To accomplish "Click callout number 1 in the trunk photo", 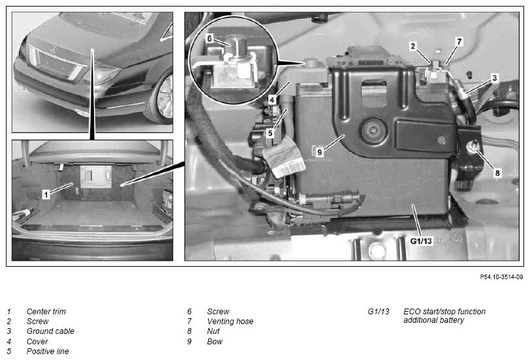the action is pos(46,194).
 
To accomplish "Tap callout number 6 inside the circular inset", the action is pos(210,38).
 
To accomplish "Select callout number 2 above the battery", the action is pos(413,46).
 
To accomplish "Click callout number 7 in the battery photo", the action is pos(459,42).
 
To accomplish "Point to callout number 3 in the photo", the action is pos(495,78).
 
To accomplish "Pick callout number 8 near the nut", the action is pos(497,173).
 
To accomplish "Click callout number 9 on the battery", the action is pos(319,153).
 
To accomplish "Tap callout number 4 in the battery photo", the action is pos(272,100).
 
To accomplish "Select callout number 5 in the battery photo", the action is pos(270,133).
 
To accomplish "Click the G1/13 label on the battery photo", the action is pos(421,241).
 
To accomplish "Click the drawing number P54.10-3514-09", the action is pos(501,277).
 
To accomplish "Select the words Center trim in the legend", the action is pos(46,311).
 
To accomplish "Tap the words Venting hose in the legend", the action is pos(230,321).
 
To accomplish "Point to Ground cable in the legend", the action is pos(50,331).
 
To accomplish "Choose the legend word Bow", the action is pos(215,342).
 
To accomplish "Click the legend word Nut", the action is pos(213,331).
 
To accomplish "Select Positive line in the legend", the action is pos(48,352).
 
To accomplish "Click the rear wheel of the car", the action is pos(160,97).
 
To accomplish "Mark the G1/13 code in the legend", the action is pos(379,311).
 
